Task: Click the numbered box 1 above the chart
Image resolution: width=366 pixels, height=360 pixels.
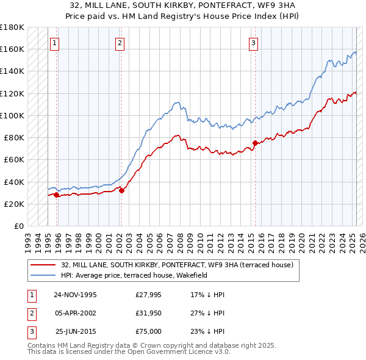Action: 55,43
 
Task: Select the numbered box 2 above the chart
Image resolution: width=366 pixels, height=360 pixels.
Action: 120,43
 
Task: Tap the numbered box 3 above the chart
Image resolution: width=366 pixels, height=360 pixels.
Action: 253,43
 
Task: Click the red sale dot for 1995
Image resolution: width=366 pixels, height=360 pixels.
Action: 57,195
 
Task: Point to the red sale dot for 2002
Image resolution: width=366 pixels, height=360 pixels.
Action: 121,191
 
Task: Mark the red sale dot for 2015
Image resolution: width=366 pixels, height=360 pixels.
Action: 255,143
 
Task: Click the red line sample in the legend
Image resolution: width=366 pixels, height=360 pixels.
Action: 43,265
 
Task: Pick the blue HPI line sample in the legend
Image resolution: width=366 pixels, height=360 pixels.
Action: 43,275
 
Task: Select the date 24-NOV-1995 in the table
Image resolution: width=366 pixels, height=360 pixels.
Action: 75,294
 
